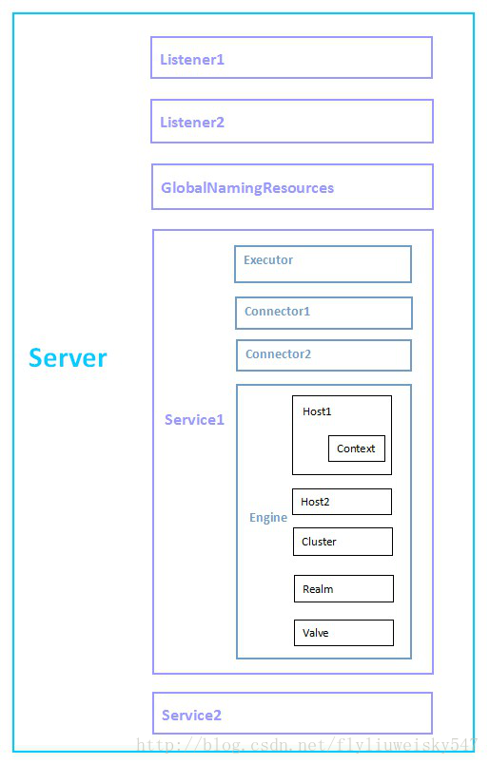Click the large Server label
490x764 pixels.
(x=68, y=358)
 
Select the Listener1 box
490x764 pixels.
(x=291, y=58)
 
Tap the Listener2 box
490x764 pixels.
(x=291, y=122)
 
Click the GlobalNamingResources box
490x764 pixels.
(x=291, y=187)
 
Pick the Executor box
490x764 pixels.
(x=323, y=264)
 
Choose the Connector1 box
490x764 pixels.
(x=323, y=313)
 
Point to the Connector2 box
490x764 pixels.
(x=323, y=355)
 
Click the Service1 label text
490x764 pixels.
(x=194, y=420)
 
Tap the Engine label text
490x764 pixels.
(x=268, y=518)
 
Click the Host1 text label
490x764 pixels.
(x=317, y=411)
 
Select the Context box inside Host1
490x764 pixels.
(x=356, y=449)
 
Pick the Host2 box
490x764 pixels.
(x=342, y=502)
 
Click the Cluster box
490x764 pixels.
(x=343, y=542)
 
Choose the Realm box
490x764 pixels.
(x=343, y=589)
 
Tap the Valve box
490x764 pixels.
(x=343, y=633)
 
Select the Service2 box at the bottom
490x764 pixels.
(x=292, y=714)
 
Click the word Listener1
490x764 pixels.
(x=192, y=60)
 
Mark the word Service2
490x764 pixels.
(x=191, y=716)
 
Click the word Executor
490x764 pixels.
(x=268, y=260)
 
